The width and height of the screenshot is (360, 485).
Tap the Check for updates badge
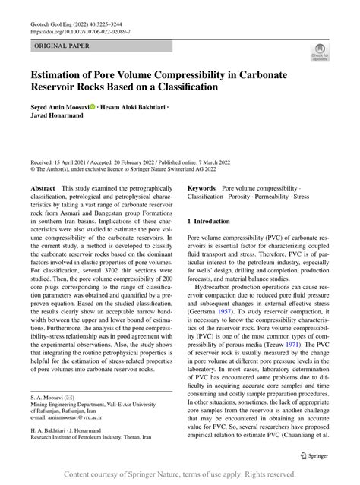coord(320,53)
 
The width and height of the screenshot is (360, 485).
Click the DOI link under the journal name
coord(81,33)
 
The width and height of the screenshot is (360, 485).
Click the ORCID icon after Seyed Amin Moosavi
coord(93,108)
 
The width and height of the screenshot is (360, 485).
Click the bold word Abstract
coord(42,187)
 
